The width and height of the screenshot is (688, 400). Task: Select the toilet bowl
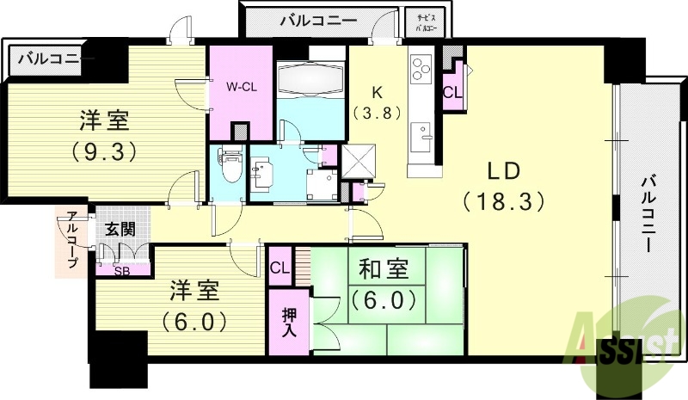click(230, 166)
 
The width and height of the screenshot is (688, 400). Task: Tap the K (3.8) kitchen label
click(377, 102)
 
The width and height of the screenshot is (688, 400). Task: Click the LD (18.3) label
click(505, 186)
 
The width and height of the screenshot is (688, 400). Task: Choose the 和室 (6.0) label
click(384, 287)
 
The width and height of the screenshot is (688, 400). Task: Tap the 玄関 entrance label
click(119, 230)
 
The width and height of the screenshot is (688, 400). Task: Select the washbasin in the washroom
click(261, 170)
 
